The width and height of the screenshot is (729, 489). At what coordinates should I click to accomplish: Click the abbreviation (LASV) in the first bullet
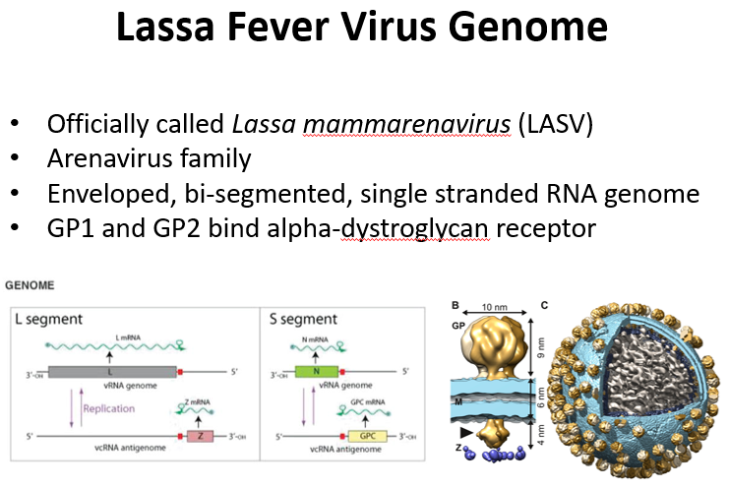click(x=473, y=126)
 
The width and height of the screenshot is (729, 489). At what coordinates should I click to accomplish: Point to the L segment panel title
click(x=48, y=319)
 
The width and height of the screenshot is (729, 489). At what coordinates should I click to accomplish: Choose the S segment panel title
click(x=304, y=319)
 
